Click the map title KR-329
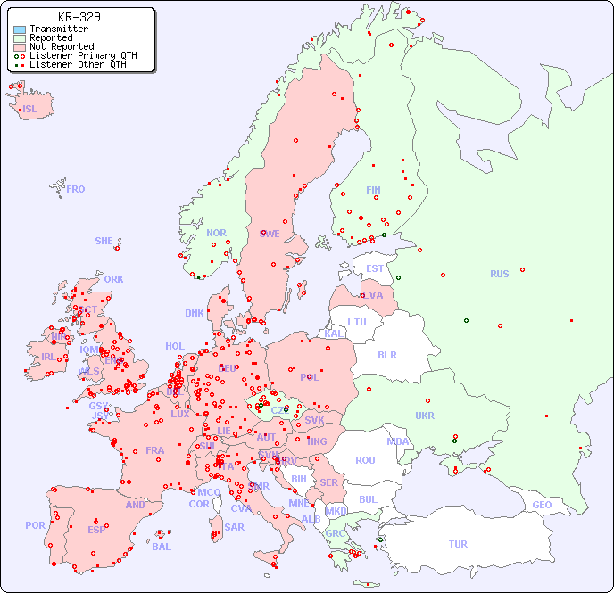coord(79,17)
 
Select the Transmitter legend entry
coord(58,29)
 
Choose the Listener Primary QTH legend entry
coord(83,56)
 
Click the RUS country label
coord(499,274)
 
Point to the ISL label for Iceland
coord(30,110)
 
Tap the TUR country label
coord(458,544)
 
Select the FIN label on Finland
coord(373,190)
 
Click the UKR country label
coord(425,416)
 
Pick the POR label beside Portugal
coord(35,525)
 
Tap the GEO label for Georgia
coord(542,505)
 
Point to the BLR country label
coord(386,355)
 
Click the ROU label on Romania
coord(365,460)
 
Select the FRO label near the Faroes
coord(76,189)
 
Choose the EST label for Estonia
coord(375,268)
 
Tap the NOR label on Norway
coord(216,233)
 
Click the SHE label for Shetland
coord(104,241)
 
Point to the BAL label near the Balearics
coord(161,547)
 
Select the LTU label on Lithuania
coord(357,322)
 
